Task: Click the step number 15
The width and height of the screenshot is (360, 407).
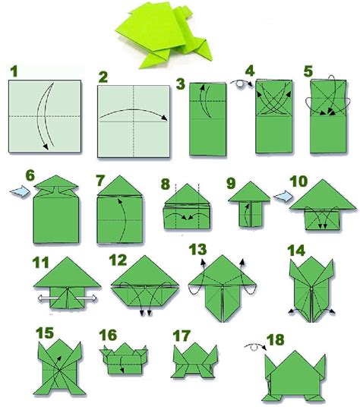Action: coord(45,331)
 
